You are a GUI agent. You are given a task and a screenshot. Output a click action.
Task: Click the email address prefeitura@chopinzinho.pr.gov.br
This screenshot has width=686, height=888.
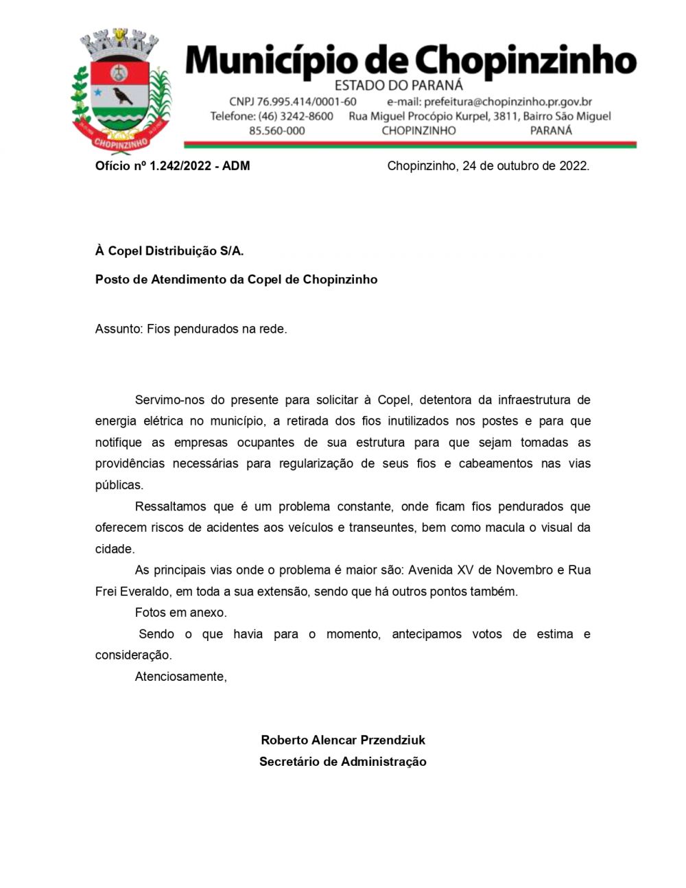[489, 102]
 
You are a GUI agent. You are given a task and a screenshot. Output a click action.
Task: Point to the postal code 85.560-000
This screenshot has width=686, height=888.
[276, 130]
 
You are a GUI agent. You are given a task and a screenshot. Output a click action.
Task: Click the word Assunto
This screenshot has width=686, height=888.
[118, 329]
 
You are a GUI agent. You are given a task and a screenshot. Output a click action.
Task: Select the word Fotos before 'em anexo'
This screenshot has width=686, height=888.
[150, 613]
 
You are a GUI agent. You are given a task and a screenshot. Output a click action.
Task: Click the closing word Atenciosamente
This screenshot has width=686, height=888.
[180, 677]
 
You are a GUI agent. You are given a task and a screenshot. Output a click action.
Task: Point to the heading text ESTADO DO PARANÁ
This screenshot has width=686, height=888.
[398, 86]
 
